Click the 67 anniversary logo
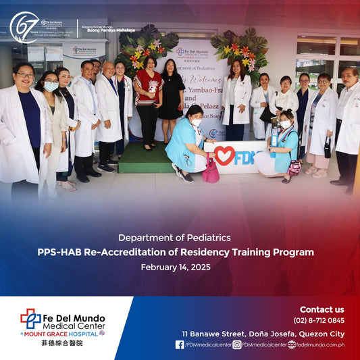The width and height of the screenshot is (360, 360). pos(24,28)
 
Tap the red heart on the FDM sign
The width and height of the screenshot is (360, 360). pos(224,156)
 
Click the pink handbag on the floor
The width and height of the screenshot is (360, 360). pos(211,170)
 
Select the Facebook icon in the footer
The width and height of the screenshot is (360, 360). pos(180,344)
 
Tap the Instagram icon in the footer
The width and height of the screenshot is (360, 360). pos(237,344)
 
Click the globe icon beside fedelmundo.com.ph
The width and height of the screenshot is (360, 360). pos(291,344)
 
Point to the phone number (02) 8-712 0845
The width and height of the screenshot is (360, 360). pos(318,321)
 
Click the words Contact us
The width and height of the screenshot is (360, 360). pos(322,309)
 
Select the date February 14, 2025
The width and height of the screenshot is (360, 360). pos(176,267)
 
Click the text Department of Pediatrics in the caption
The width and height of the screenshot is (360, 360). pos(175,238)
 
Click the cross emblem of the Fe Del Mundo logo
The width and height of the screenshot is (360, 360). pos(30,318)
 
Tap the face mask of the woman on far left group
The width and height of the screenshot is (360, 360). pos(51,86)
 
